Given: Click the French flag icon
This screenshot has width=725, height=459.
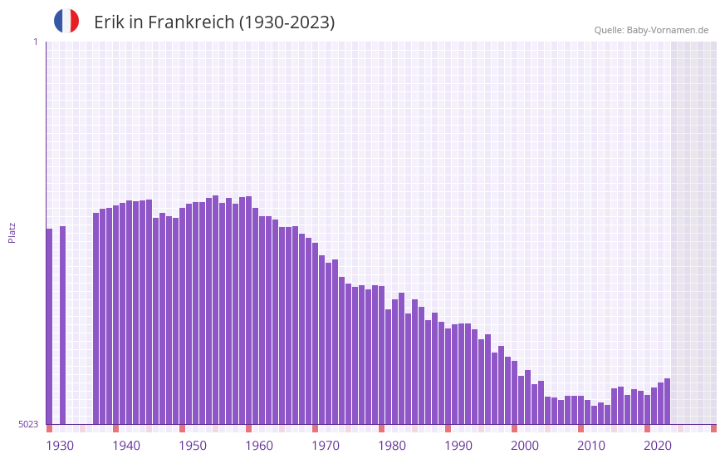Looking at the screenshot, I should tap(66, 21).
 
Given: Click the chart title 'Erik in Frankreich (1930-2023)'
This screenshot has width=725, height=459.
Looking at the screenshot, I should tap(214, 22).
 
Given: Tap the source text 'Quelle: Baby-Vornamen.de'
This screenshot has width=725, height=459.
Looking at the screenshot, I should tap(651, 30).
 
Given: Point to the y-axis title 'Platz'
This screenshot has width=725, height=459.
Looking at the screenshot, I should tap(12, 232).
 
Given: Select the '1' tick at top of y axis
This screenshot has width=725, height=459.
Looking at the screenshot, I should tap(35, 42).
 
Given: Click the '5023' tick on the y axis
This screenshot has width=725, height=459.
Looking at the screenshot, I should tap(28, 424).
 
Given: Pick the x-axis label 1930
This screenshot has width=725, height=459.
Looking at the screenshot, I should tap(60, 446).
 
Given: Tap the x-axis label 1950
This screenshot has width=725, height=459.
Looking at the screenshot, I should tap(193, 446).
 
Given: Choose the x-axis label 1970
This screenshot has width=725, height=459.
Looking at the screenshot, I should tap(326, 446).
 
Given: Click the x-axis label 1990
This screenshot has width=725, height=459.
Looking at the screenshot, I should tap(458, 446).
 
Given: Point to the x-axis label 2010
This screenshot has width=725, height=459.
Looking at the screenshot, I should tap(591, 446).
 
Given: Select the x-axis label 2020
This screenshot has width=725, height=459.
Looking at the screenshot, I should tap(658, 446).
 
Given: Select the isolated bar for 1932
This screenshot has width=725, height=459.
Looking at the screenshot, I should tap(62, 324).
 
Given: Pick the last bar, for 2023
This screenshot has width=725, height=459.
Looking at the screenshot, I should tap(667, 401).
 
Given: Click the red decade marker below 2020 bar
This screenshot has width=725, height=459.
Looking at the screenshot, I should tap(647, 428).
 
